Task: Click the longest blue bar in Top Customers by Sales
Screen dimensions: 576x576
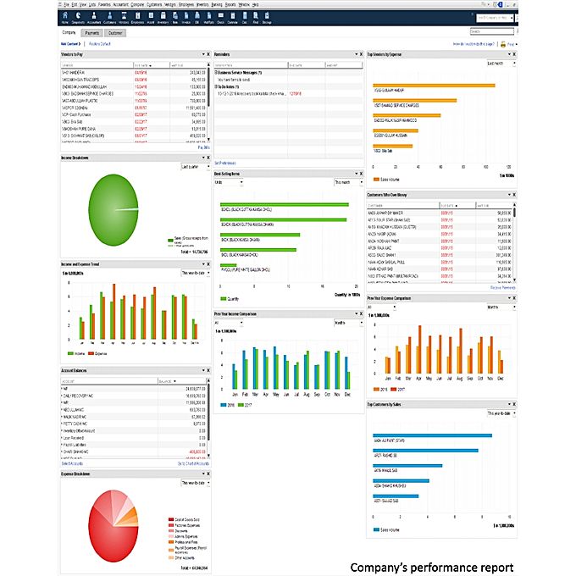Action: pos(432,436)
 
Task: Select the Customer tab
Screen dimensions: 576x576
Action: pos(115,33)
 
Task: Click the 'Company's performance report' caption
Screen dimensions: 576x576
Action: pos(431,566)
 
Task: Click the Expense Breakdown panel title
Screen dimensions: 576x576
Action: pos(77,474)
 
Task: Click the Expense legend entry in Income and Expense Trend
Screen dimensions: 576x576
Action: pos(100,353)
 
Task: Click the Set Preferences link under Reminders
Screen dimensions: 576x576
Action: pos(224,162)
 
